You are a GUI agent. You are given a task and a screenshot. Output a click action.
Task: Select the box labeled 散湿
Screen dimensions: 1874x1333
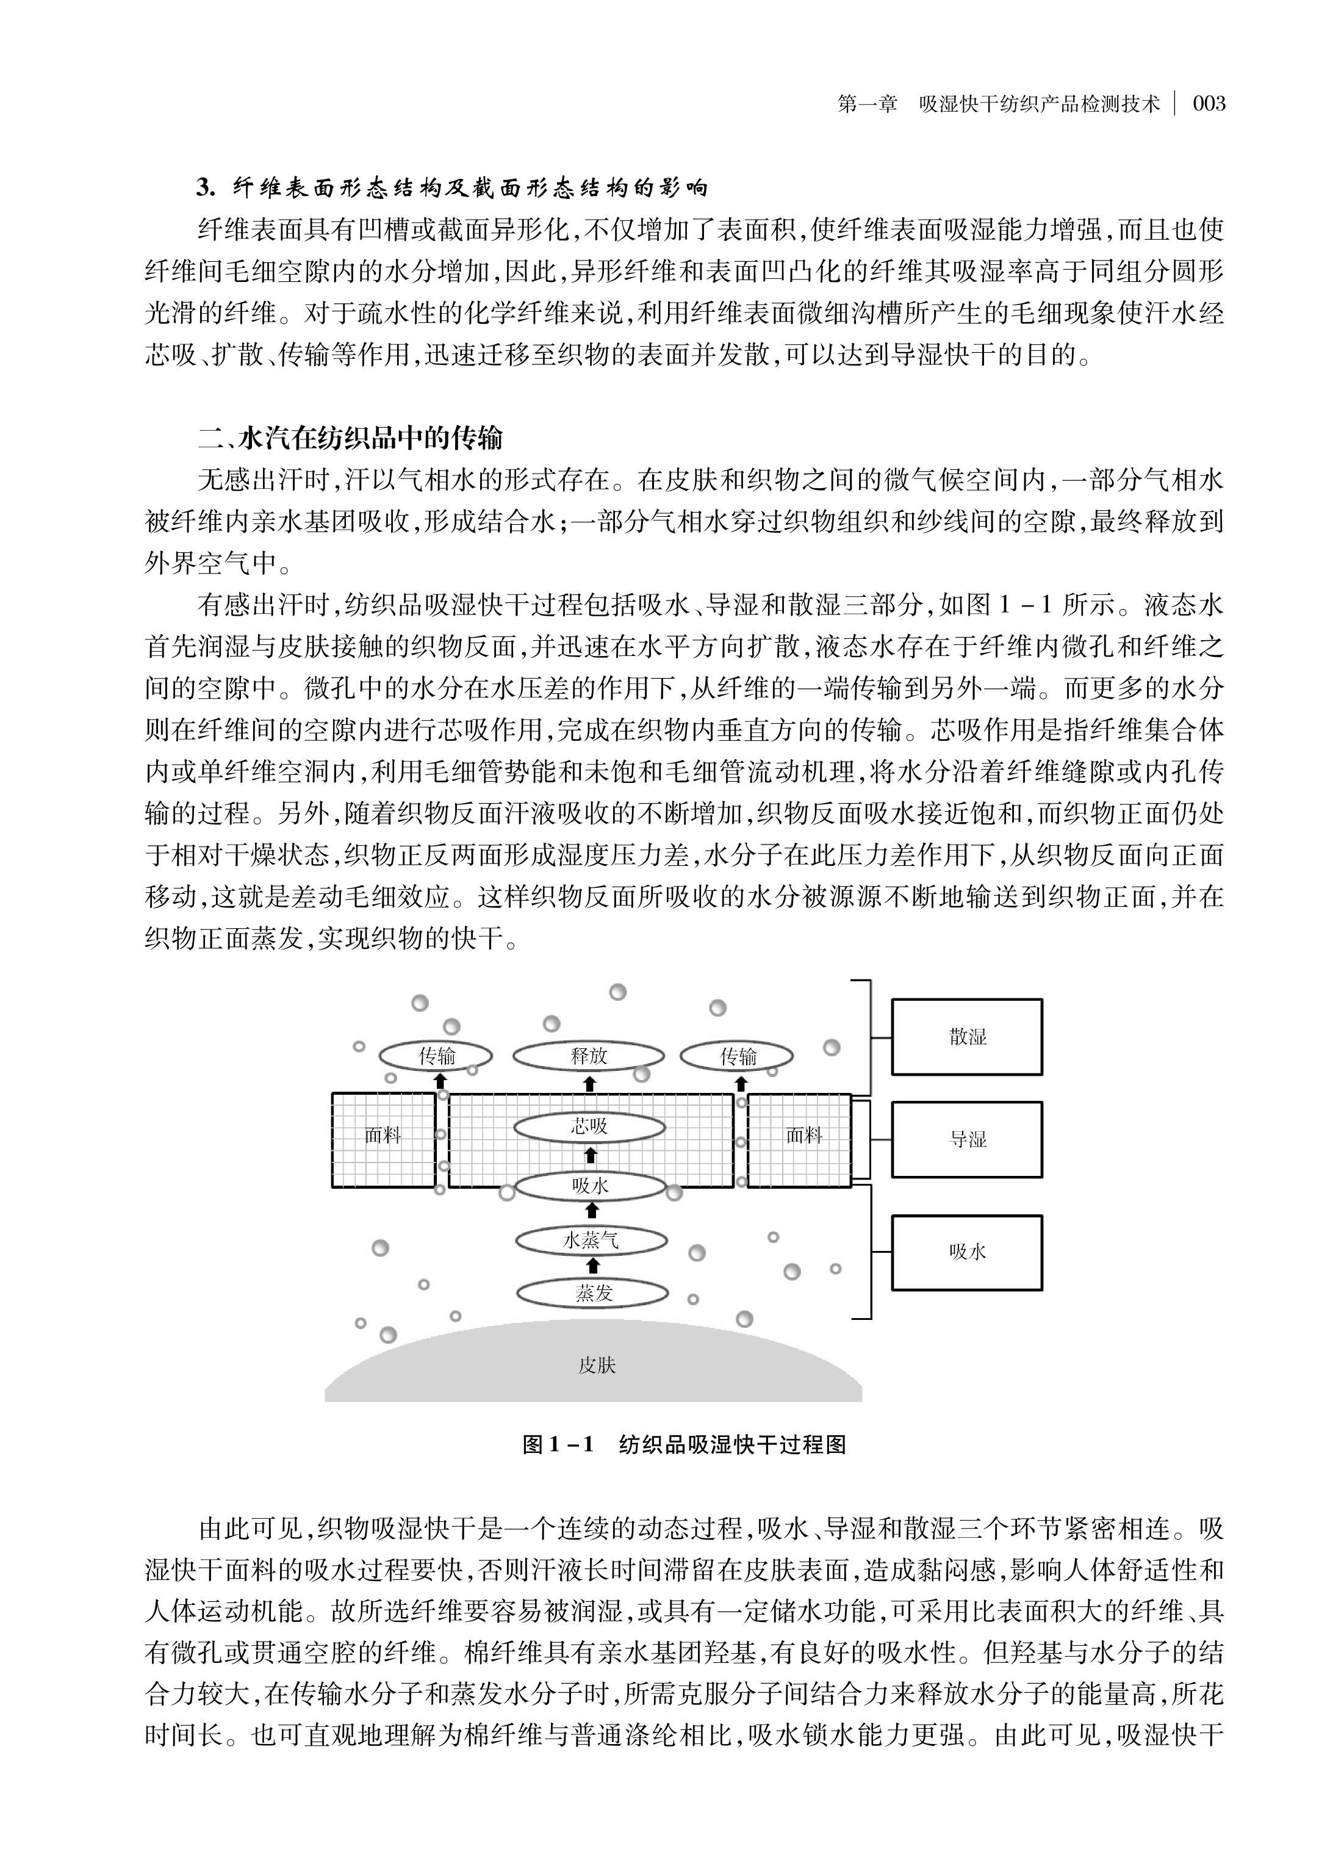[x=966, y=1037]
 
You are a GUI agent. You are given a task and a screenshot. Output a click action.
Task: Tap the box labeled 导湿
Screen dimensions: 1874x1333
[x=966, y=1139]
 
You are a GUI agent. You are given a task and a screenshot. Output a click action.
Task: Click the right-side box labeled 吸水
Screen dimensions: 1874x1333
[x=966, y=1252]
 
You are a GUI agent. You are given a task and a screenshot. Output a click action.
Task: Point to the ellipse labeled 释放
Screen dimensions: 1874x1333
[x=589, y=1056]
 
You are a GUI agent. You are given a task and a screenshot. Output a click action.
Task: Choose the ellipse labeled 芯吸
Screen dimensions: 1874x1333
[x=589, y=1126]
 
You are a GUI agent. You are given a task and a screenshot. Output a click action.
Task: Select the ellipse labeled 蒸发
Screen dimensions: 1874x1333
[x=592, y=1294]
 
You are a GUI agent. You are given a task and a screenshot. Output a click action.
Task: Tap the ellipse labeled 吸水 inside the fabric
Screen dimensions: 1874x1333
[x=590, y=1185]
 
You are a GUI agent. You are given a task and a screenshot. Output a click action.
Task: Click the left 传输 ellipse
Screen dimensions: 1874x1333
[x=436, y=1056]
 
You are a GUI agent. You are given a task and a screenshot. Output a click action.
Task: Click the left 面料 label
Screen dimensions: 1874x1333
[x=383, y=1136]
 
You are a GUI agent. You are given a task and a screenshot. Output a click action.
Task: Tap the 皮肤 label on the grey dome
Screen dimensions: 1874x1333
[x=597, y=1365]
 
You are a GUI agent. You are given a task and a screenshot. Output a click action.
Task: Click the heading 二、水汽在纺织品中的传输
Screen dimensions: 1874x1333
[x=351, y=438]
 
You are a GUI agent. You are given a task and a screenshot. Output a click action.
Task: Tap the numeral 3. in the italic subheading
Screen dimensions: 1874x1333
[x=205, y=188]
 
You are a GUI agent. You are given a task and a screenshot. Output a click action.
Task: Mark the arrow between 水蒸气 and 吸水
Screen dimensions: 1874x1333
[x=592, y=1211]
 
